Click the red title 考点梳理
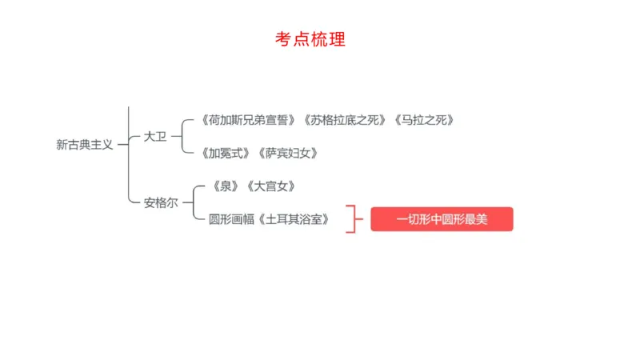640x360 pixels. click(x=310, y=39)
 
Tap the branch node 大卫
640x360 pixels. click(x=155, y=136)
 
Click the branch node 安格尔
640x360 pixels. click(x=161, y=202)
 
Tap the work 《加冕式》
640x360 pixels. click(x=227, y=152)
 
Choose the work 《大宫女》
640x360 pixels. click(x=272, y=186)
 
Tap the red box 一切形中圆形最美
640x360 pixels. click(x=442, y=219)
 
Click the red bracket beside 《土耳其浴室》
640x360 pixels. click(x=350, y=218)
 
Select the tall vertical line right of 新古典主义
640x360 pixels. click(x=128, y=152)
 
